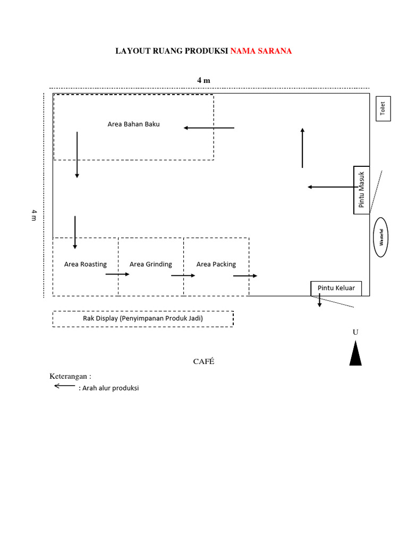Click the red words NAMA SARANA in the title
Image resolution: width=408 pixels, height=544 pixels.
tap(261, 51)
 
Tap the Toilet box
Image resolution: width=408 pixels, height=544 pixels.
tap(383, 108)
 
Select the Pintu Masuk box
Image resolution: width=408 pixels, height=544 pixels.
tap(361, 190)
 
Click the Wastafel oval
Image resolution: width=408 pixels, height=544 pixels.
tap(381, 237)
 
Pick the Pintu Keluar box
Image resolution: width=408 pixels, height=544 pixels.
tap(336, 288)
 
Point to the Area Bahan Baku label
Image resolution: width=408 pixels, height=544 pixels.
tap(133, 124)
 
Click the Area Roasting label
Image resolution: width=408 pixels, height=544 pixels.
tap(85, 264)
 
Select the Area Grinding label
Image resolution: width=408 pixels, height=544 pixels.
tap(151, 264)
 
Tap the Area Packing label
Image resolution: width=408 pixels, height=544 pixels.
tap(216, 264)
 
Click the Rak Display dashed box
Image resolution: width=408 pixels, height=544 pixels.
tap(142, 319)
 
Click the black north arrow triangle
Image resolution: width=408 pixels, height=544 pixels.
tap(355, 354)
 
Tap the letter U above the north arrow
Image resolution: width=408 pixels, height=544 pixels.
tap(355, 332)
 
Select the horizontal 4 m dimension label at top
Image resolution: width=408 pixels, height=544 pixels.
tap(203, 80)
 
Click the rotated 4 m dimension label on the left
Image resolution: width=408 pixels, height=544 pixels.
tap(33, 215)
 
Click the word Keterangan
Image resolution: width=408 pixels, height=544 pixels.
tap(71, 376)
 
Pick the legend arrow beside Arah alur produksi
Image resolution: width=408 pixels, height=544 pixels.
tap(65, 386)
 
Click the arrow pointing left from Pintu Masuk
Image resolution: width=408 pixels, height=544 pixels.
tap(330, 187)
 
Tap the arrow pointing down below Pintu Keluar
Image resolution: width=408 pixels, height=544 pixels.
tap(319, 301)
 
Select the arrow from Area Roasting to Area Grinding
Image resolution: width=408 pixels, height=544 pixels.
tap(117, 274)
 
